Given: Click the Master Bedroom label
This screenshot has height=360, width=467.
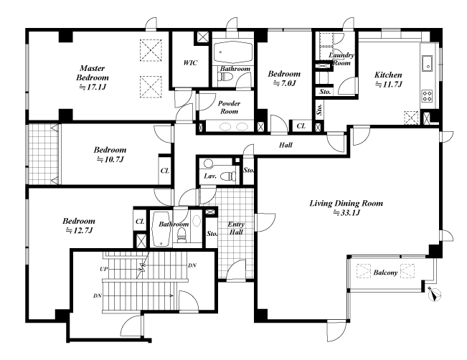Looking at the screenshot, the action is coord(93,73).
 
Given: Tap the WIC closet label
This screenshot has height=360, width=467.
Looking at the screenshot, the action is coord(190,63).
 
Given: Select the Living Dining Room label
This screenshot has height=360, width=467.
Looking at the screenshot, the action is coord(346,204).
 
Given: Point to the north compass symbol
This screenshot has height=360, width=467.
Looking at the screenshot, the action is coord(433,293).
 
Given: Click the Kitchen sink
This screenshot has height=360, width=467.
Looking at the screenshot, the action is coord(427,63).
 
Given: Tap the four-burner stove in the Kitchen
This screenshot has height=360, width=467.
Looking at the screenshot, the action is coord(427,96).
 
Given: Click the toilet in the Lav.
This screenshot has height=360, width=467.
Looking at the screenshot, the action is coord(228,176).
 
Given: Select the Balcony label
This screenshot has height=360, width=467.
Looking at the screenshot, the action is coord(385,273).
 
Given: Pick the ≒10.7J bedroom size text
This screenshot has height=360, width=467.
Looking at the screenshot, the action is coord(110,160).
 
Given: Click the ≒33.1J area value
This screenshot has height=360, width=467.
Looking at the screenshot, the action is coord(346,213).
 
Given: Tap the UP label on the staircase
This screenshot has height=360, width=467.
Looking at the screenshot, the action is coord(103,269).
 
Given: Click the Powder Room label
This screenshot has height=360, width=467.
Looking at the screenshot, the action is coord(229,107).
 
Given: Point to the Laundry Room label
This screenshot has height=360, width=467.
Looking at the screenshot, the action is coord(341,59).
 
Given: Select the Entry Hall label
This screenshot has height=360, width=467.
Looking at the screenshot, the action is coord(236,228).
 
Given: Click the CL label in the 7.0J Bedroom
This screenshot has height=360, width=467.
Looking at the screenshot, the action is coord(301,126).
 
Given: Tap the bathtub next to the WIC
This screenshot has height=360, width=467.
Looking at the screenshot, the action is coord(233,52).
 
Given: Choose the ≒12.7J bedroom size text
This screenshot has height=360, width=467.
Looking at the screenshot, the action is coord(79,231).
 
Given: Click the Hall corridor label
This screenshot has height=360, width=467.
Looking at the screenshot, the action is coord(286,145).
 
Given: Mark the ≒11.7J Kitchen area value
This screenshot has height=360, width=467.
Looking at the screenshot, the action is coord(388,85).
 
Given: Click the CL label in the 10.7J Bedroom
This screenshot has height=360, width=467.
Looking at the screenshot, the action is coord(165,171).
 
